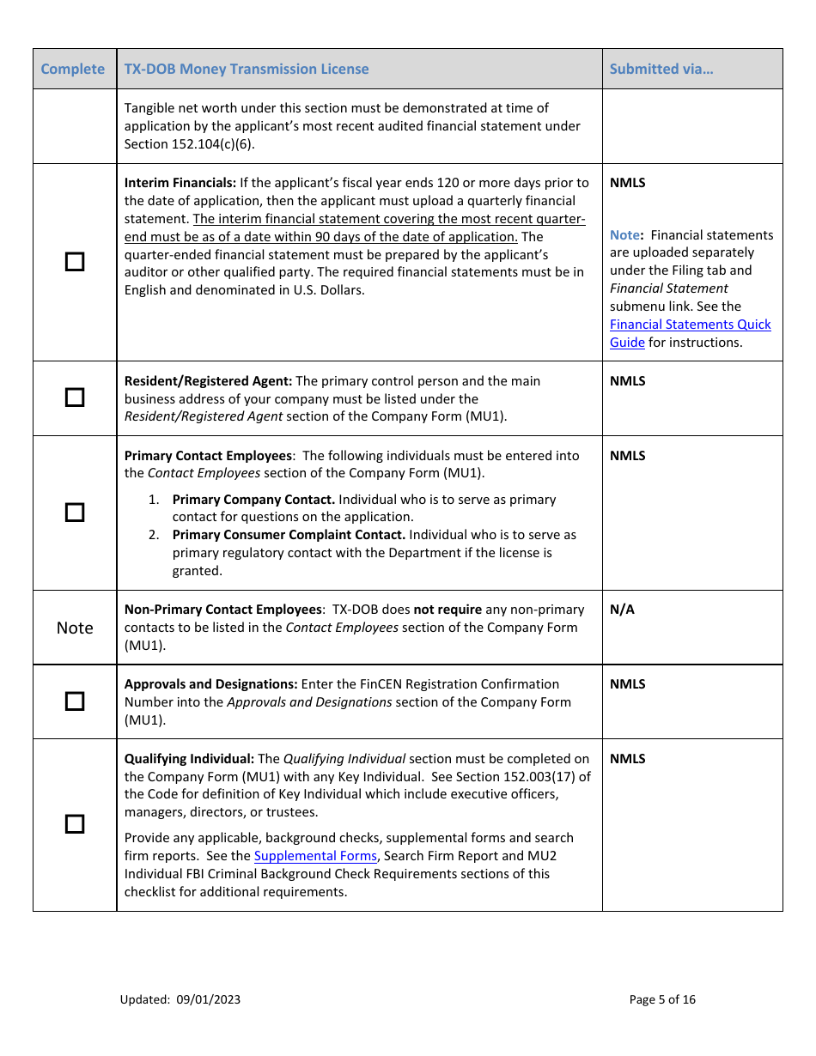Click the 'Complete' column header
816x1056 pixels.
click(x=73, y=70)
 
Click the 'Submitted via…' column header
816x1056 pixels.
click(x=661, y=70)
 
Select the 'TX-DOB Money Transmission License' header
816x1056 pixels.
click(x=247, y=70)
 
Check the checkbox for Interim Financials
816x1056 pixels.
click(x=76, y=262)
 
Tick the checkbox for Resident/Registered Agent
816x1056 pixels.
click(x=76, y=398)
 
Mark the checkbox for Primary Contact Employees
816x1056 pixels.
click(x=76, y=513)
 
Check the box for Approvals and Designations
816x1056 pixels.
click(x=76, y=701)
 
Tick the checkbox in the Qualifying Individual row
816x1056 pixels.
click(x=76, y=824)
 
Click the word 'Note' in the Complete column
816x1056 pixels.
click(x=75, y=628)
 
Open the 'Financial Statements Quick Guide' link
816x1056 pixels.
click(x=690, y=333)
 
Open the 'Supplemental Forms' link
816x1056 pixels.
click(x=315, y=856)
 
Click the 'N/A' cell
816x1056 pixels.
click(x=622, y=610)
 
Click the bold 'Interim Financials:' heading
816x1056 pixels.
click(x=180, y=183)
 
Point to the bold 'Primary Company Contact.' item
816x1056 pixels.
click(x=253, y=500)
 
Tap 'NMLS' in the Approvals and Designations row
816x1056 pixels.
click(x=627, y=684)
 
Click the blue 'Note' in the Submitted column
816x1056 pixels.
click(x=624, y=235)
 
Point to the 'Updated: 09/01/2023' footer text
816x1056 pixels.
click(x=180, y=999)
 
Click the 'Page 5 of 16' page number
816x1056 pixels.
click(x=662, y=999)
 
